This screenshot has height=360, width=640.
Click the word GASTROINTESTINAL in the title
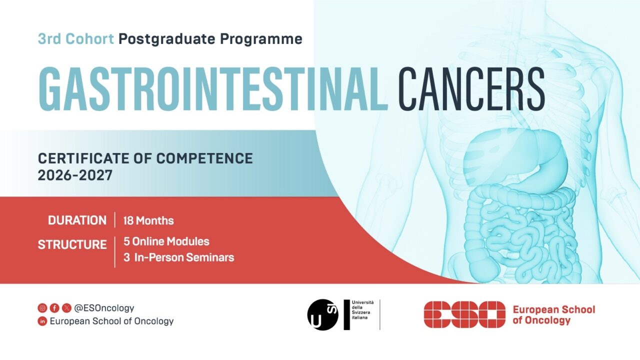(213, 88)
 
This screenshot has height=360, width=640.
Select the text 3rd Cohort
(76, 38)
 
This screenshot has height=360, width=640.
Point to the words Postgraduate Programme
(210, 38)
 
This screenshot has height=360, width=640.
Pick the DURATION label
(77, 220)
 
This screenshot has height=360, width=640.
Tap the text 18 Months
(148, 220)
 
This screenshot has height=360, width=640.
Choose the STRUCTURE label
(72, 245)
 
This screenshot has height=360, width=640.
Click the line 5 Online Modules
(166, 241)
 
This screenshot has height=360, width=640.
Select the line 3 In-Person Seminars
(179, 258)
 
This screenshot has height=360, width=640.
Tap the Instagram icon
(42, 308)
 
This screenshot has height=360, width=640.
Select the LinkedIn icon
(42, 321)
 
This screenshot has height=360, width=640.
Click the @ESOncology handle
(104, 308)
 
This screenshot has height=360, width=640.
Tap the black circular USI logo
(323, 314)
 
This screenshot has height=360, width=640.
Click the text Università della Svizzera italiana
(364, 310)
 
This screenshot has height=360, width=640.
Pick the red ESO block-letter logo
(464, 314)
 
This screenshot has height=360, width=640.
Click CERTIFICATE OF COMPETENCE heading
(145, 159)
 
